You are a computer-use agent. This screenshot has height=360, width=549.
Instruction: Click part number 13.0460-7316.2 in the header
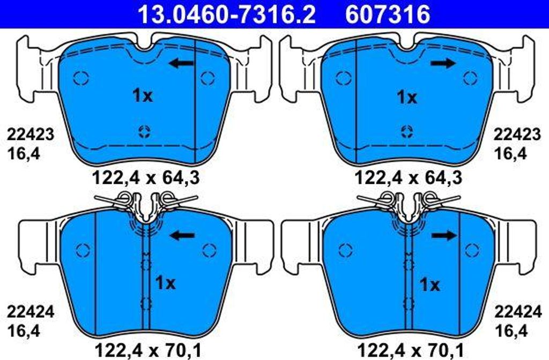coord(227,14)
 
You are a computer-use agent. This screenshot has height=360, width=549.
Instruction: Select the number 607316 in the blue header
coord(388,14)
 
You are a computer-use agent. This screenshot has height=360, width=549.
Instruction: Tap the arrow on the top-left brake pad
coord(181,63)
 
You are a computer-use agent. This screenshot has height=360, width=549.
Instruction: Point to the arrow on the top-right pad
coord(443,63)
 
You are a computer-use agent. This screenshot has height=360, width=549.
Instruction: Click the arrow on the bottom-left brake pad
coord(182,236)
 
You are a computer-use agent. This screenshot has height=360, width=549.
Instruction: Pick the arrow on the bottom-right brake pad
coord(444,236)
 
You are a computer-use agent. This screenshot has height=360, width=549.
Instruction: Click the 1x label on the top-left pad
coord(143,95)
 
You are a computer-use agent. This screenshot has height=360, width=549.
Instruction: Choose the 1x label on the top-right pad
coord(407,97)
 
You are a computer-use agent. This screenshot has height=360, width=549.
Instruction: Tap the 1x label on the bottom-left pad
coord(165,283)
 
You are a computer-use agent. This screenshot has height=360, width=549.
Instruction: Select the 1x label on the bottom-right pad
coord(429,285)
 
